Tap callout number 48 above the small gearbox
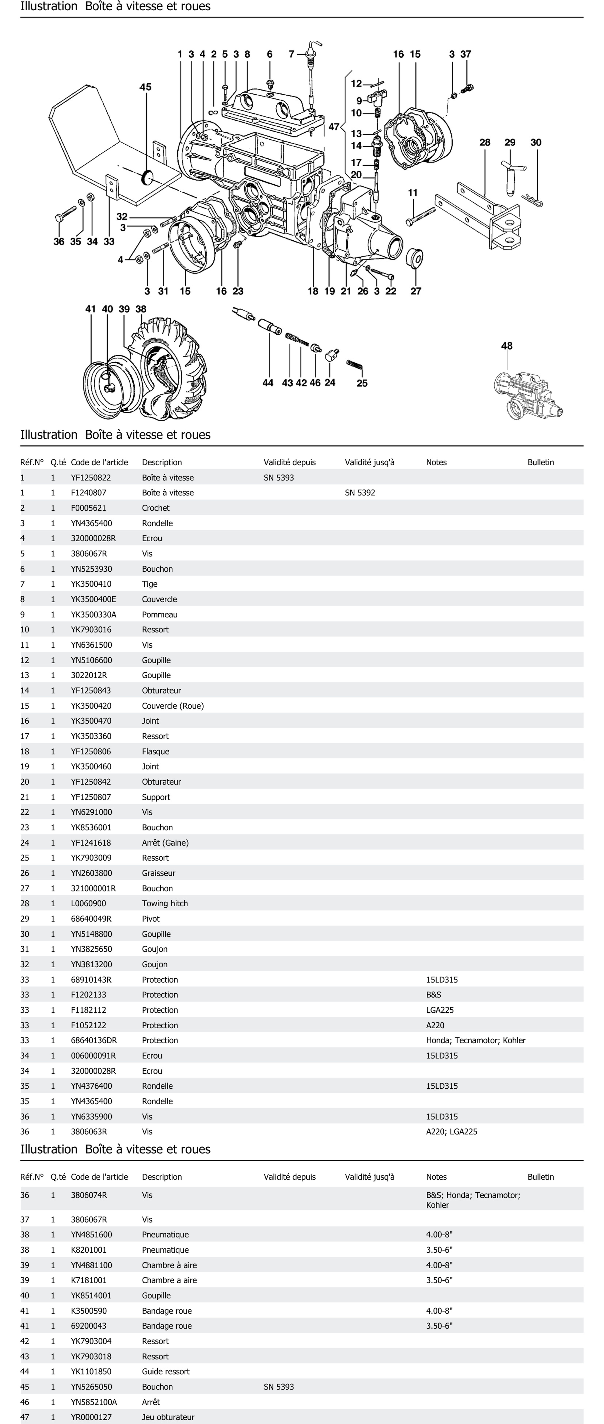tap(507, 346)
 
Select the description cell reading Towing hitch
tap(165, 903)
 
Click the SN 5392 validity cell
tap(360, 493)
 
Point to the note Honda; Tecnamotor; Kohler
tap(476, 1040)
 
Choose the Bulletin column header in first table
tap(540, 462)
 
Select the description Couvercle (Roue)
tap(173, 706)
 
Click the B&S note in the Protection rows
tap(434, 994)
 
